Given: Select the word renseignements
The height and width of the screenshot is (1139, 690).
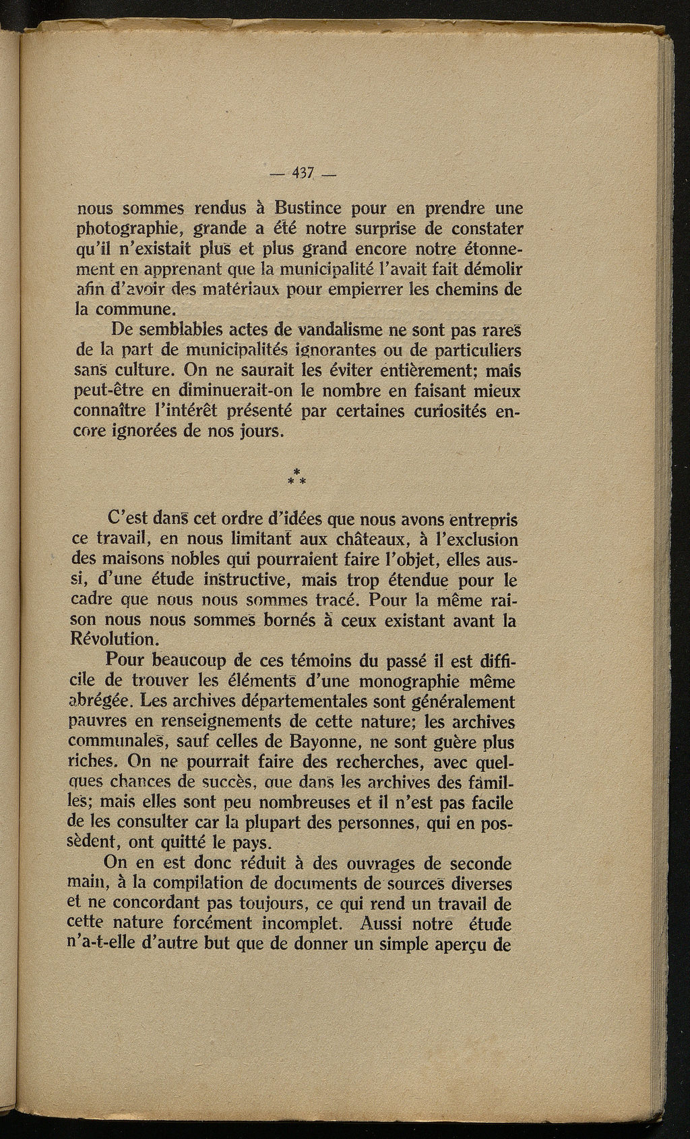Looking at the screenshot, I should (197, 722).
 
